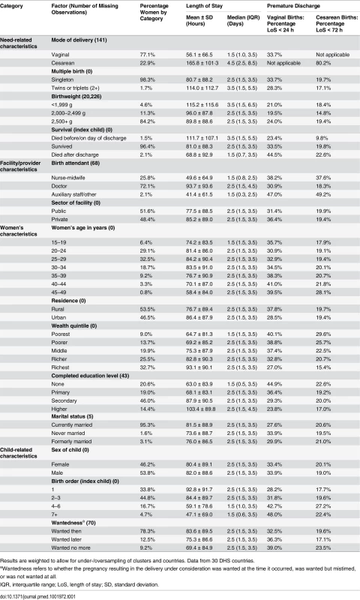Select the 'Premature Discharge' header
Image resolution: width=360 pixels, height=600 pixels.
(293, 6)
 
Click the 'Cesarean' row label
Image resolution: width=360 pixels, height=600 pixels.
(63, 63)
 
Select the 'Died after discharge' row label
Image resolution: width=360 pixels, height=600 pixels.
(75, 154)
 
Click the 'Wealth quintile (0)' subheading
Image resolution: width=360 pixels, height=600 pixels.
(74, 326)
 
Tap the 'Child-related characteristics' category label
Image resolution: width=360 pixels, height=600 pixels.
(16, 453)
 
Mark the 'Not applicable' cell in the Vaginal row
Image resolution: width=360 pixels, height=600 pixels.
(332, 55)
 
